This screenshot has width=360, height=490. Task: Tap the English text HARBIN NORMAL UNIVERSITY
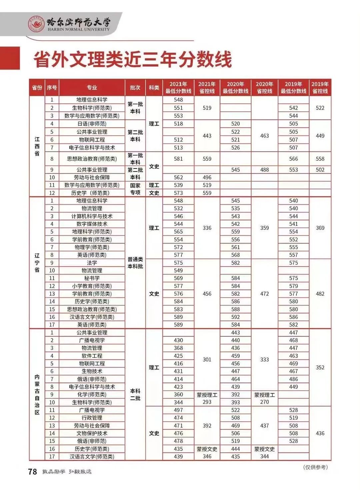click(78, 29)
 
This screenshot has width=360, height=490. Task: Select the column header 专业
click(92, 88)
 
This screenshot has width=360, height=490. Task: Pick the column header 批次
click(135, 88)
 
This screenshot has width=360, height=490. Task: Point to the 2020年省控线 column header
click(264, 88)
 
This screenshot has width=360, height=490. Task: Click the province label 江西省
click(37, 146)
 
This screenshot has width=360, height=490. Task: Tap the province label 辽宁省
click(37, 262)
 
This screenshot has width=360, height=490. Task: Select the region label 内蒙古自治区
click(37, 394)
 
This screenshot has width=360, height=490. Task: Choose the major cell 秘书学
click(92, 278)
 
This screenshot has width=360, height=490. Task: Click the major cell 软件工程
click(92, 356)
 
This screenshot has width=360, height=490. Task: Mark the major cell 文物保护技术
click(92, 433)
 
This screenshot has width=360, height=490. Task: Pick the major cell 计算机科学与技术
click(92, 216)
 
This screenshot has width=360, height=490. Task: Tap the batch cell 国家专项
click(135, 189)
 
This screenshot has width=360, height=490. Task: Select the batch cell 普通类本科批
click(135, 263)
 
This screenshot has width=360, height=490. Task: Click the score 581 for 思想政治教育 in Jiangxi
click(178, 159)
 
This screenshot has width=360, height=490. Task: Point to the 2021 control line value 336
click(207, 228)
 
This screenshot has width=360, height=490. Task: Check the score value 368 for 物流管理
click(178, 348)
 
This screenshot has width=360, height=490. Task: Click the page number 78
click(33, 472)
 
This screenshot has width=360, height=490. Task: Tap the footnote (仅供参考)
click(315, 467)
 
